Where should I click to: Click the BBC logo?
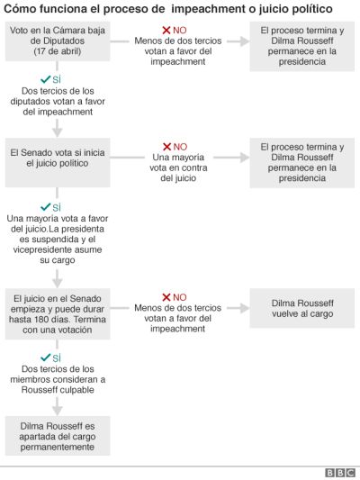(340, 473)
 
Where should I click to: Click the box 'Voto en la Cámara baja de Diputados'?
(58, 41)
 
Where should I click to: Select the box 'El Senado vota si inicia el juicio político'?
(58, 162)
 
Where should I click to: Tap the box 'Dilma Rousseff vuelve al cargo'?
(302, 308)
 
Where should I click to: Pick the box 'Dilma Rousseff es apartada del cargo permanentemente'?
(58, 436)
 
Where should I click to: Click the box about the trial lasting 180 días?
(58, 313)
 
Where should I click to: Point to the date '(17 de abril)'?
(58, 51)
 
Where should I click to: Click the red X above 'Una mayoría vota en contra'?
(167, 147)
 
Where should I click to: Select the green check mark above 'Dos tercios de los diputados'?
(45, 79)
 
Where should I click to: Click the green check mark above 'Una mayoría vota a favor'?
(45, 207)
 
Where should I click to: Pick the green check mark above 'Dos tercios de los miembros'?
(45, 358)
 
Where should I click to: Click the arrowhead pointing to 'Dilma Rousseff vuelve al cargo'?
(245, 308)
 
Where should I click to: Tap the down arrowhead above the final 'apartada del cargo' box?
(58, 411)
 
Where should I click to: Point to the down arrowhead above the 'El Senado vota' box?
(58, 132)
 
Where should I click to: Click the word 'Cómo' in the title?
(15, 9)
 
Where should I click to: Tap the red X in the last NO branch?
(166, 297)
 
